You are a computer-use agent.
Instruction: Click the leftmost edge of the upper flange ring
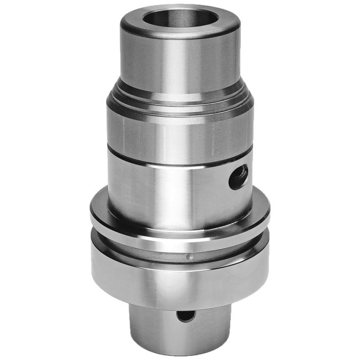pos(91,213)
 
